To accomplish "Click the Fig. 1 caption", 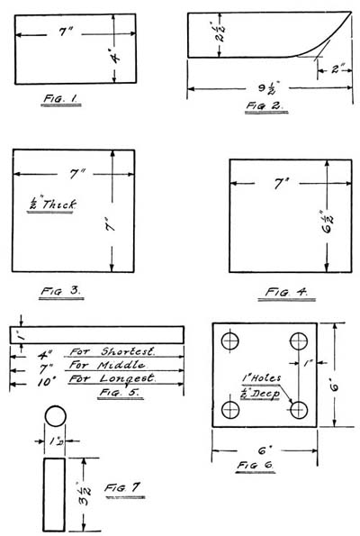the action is point(60,98).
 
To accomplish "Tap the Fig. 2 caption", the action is point(265,105).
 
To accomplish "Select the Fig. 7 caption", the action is point(121,487).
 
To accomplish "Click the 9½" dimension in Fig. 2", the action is point(266,88).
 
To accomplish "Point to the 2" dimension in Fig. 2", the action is point(337,69).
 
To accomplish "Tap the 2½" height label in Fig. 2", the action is point(220,32).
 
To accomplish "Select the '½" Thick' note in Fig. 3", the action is point(51,204).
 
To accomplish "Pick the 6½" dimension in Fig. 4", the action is point(327,222).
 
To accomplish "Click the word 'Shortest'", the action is point(128,351).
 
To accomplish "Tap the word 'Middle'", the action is point(121,365).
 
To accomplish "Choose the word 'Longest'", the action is point(127,378).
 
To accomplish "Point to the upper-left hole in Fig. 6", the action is point(230,341).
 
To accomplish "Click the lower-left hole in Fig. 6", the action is point(230,410).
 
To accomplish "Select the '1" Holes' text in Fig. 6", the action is point(261,378).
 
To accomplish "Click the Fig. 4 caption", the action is point(286,292).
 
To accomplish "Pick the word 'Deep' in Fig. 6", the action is point(265,395).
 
